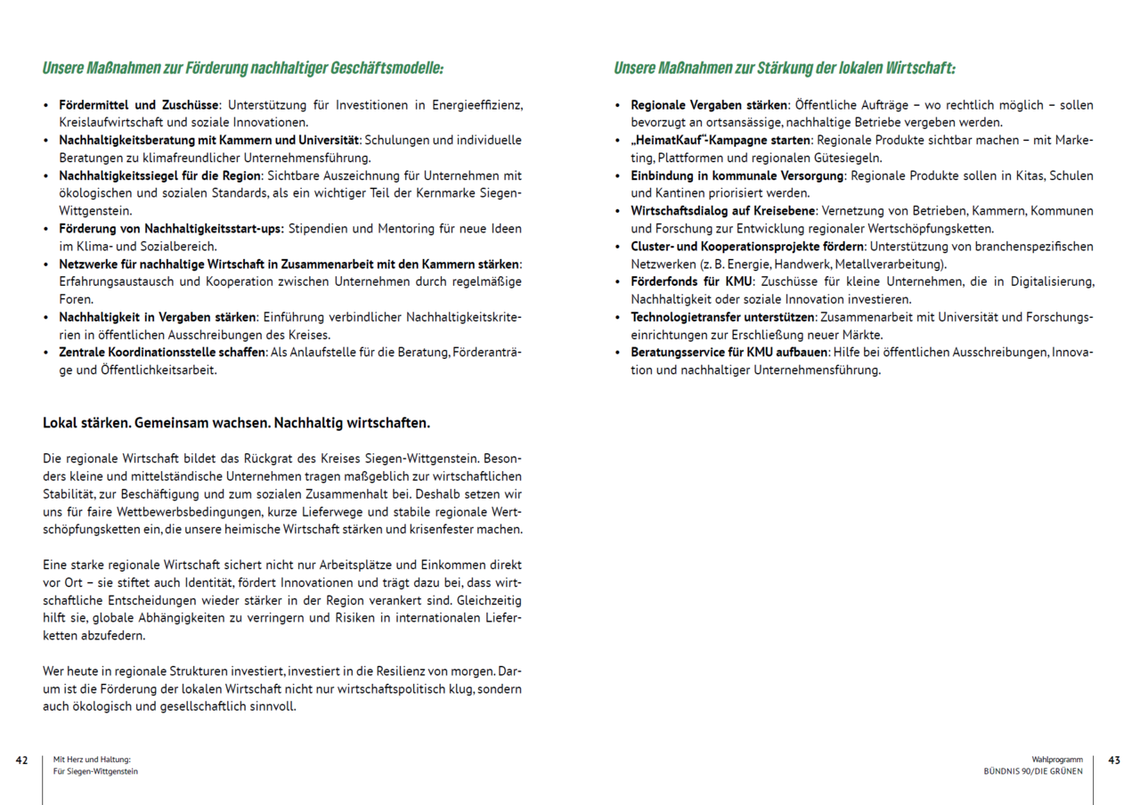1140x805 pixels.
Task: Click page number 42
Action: point(21,760)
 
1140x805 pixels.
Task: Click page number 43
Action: point(1114,760)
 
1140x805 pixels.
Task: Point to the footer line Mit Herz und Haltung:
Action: point(93,760)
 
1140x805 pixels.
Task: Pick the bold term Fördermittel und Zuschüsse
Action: point(139,105)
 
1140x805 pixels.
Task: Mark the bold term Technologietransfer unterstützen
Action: point(723,317)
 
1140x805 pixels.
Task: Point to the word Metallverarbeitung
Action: point(890,264)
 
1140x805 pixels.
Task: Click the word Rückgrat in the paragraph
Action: point(259,459)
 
